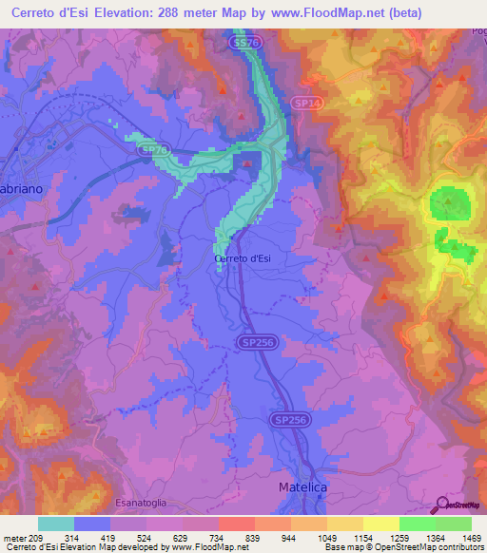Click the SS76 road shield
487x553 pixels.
pyautogui.click(x=245, y=44)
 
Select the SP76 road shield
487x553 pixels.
pyautogui.click(x=153, y=149)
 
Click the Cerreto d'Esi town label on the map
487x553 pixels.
pyautogui.click(x=244, y=258)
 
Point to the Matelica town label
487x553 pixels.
pyautogui.click(x=303, y=486)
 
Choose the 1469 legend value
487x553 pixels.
pyautogui.click(x=461, y=537)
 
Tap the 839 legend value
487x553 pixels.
pyautogui.click(x=252, y=537)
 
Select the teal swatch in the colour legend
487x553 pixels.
pyautogui.click(x=56, y=524)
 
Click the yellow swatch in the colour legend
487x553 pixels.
pyautogui.click(x=380, y=524)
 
